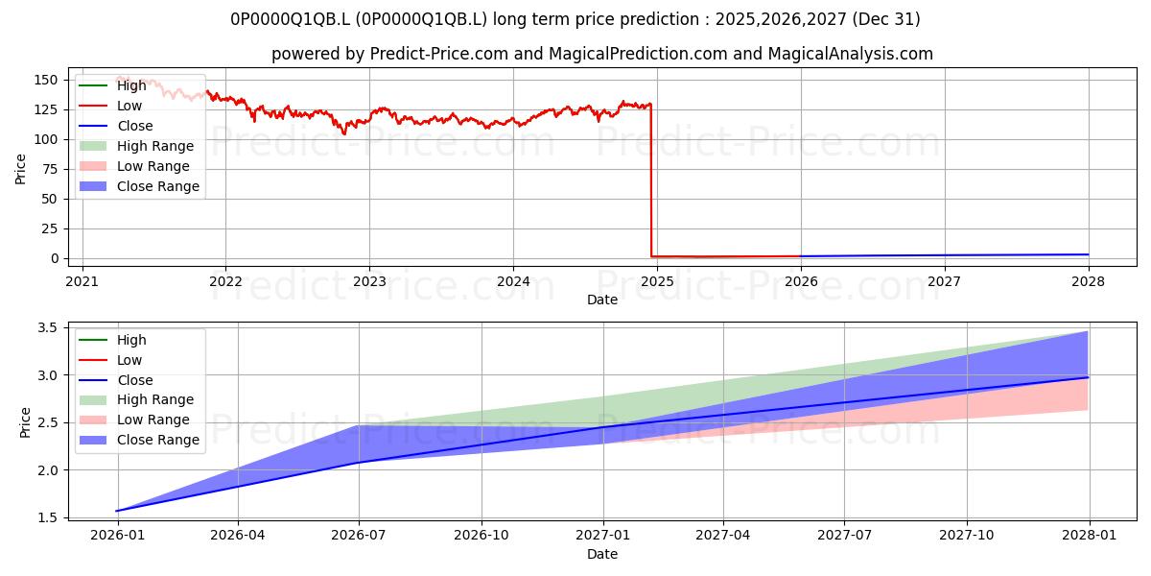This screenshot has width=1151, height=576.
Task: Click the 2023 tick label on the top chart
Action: coord(369,281)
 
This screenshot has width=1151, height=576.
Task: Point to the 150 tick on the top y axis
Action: coord(46,80)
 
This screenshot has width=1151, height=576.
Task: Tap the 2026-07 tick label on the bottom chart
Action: coord(359,536)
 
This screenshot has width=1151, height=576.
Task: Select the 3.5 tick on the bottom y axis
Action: coord(48,327)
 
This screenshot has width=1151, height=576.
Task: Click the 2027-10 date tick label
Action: coord(967,536)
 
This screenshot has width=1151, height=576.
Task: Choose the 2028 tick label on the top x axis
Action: coord(1088,281)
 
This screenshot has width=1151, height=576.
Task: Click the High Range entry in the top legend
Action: coord(136,146)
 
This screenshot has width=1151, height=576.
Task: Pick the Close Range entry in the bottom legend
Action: coord(139,440)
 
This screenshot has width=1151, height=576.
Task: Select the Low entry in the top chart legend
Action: coord(110,106)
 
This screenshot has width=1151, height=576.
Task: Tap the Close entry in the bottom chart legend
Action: coord(116,380)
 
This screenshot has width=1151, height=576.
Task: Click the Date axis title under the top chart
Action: coord(602,300)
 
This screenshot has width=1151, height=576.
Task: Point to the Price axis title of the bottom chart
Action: coord(25,422)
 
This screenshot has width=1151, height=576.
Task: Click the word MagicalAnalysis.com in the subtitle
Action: coord(851,54)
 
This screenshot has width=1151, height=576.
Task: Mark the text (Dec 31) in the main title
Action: coord(886,19)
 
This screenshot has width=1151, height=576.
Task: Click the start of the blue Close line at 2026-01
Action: coord(118,511)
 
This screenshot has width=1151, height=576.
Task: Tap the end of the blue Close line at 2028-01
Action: coord(1088,377)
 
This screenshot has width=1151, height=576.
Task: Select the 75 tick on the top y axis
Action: coord(50,169)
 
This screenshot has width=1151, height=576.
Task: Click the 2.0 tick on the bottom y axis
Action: coord(48,470)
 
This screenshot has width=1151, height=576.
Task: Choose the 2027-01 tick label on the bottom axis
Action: coord(602,536)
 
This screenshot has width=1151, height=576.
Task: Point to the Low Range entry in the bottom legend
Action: coord(133,420)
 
